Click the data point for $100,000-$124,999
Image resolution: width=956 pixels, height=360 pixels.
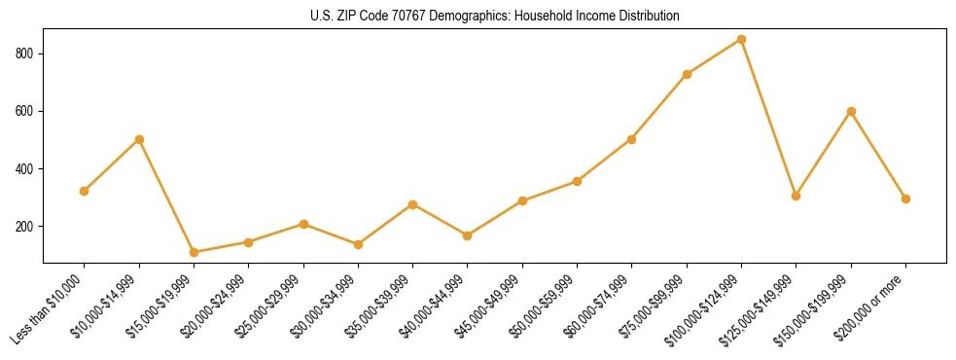742,40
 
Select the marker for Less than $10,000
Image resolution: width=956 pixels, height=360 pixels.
85,191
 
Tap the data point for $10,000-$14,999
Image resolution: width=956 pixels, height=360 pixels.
139,139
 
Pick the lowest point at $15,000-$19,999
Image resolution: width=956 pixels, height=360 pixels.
195,252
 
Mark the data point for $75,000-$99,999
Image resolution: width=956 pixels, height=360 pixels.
688,74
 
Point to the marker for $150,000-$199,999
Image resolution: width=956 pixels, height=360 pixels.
851,111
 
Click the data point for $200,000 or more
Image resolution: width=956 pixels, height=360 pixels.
905,198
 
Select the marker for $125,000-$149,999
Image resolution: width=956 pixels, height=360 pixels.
797,196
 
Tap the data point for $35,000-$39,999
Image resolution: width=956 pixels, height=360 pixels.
413,204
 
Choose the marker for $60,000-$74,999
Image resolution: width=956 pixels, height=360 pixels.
632,139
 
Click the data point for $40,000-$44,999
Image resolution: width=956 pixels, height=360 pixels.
468,235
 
